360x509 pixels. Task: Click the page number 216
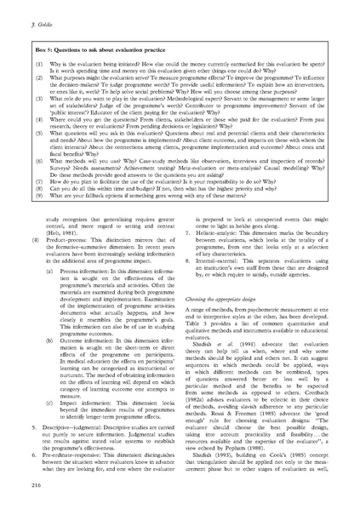(x=14, y=483)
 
